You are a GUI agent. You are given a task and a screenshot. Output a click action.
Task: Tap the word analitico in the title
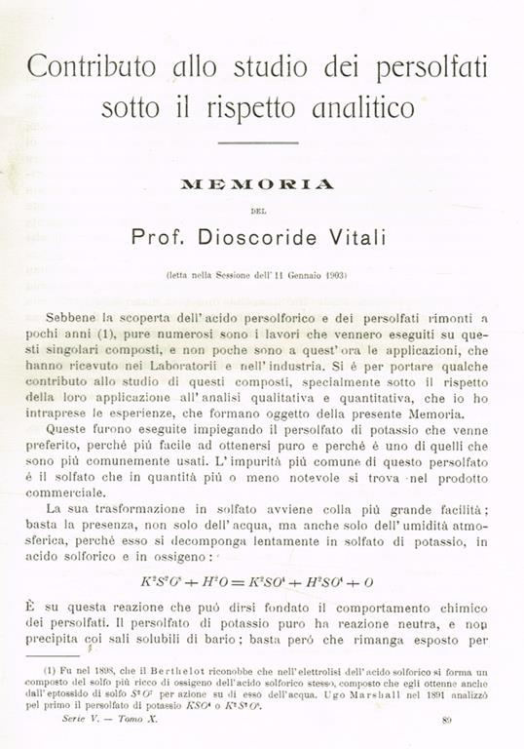click(360, 107)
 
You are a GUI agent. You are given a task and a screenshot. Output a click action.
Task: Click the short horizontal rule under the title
click(257, 143)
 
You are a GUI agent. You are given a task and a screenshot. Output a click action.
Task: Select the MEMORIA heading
click(257, 183)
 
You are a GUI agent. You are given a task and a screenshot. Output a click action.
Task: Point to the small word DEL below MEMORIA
click(257, 206)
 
